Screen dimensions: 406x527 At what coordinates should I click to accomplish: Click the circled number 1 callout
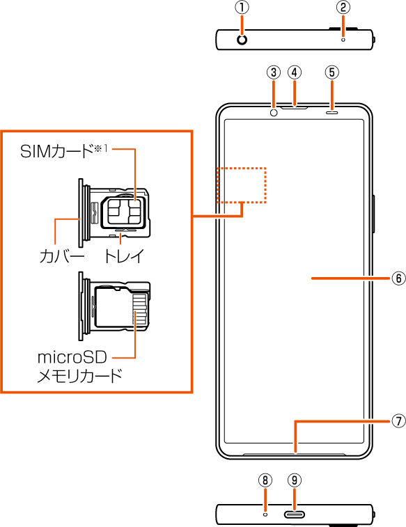[x=242, y=8]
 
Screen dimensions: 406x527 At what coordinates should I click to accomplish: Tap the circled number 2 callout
[x=343, y=8]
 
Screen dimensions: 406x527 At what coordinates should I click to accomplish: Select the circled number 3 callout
[x=274, y=72]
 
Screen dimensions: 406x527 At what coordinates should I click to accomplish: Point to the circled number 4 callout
[x=295, y=72]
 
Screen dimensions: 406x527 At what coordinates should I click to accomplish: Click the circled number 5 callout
[x=332, y=72]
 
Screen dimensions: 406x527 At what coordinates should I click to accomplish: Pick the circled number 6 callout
[x=398, y=278]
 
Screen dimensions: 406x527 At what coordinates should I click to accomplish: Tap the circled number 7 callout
[x=398, y=420]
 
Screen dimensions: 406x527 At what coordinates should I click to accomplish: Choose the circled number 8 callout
[x=265, y=480]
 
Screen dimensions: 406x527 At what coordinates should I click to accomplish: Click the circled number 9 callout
[x=295, y=480]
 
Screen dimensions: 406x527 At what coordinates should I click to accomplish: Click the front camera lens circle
[x=274, y=113]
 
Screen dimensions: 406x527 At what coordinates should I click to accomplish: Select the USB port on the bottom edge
[x=295, y=514]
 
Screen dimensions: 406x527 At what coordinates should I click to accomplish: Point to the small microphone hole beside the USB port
[x=265, y=514]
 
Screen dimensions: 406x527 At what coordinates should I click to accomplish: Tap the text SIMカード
[x=56, y=151]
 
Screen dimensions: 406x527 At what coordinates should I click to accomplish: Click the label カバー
[x=62, y=256]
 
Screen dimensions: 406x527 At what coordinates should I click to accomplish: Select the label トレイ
[x=124, y=256]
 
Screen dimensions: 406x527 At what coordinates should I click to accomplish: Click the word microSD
[x=72, y=357]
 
